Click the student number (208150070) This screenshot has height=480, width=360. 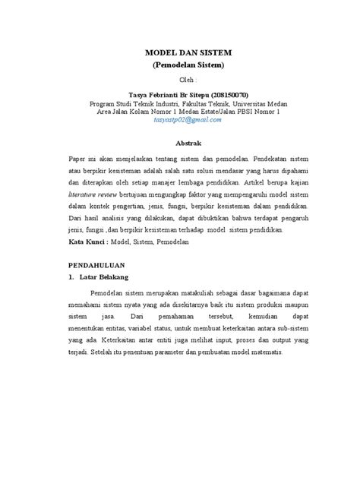[x=237, y=93]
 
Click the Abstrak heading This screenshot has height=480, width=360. [x=188, y=143]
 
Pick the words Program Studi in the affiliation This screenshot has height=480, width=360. [x=110, y=103]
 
